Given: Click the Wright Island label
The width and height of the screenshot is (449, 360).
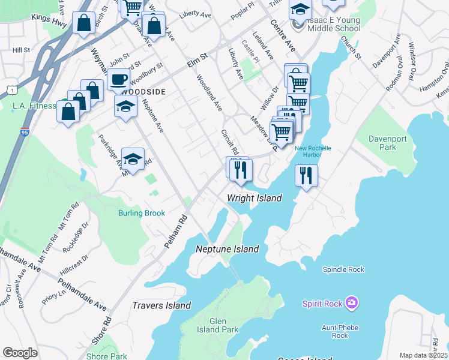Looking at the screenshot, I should [x=255, y=198].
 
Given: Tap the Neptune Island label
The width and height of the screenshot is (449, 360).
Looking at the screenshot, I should [x=228, y=249].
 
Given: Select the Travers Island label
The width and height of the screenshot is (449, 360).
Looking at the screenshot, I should [x=161, y=305].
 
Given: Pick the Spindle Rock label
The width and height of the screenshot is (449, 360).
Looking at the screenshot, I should [x=343, y=269].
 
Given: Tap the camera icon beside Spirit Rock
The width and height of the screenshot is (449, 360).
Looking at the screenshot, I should [x=352, y=304].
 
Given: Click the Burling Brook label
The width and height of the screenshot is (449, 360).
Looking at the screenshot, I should [x=142, y=213].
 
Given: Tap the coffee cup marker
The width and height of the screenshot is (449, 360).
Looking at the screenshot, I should [x=119, y=79].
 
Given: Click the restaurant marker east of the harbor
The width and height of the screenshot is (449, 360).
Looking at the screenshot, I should [x=307, y=176].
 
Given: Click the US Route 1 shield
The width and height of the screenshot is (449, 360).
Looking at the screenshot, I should [x=10, y=90].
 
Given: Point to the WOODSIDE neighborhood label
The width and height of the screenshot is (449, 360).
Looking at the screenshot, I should [x=143, y=92].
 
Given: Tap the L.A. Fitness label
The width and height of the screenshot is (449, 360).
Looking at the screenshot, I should [x=34, y=106].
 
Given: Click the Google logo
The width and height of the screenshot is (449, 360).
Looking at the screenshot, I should [x=20, y=353].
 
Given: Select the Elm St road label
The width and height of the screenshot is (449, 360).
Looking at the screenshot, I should [x=196, y=58].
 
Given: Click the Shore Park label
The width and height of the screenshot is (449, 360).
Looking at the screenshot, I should [x=106, y=356].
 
